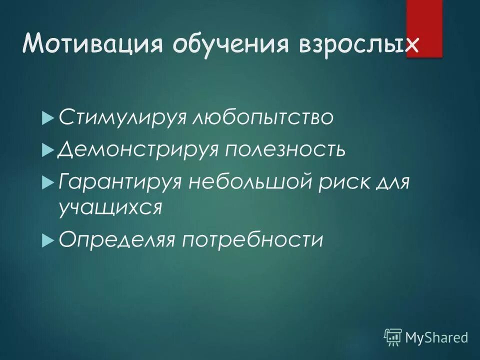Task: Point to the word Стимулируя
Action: (122, 118)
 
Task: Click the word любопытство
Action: (262, 118)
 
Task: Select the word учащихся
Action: (110, 206)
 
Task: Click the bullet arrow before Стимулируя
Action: (47, 119)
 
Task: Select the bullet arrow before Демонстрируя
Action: (47, 150)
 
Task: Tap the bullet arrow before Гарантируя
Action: (47, 182)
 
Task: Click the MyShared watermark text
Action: (436, 337)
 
